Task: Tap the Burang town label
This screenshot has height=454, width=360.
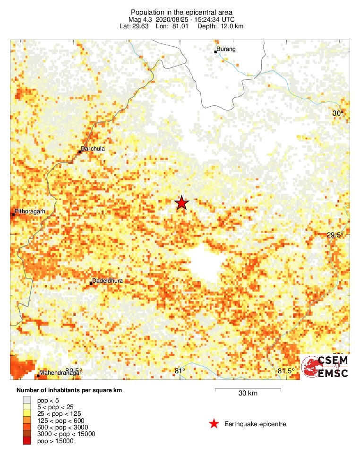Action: [226, 49]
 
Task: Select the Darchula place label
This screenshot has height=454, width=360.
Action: [93, 149]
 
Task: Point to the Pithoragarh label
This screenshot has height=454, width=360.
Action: [30, 211]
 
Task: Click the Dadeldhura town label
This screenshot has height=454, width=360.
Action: [108, 281]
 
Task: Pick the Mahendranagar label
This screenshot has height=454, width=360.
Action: [60, 373]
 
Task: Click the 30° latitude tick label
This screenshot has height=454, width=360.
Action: [337, 113]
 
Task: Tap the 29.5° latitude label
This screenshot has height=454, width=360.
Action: [335, 235]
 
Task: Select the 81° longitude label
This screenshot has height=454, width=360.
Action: [180, 371]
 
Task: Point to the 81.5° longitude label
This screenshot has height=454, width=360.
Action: [287, 371]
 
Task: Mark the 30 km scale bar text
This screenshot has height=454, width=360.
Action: [248, 393]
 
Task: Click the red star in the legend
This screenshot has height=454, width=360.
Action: [214, 424]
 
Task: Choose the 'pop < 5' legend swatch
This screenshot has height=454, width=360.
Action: [27, 400]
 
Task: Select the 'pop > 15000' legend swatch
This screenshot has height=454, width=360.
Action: [27, 441]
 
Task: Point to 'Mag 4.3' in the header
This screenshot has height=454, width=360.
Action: [140, 19]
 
